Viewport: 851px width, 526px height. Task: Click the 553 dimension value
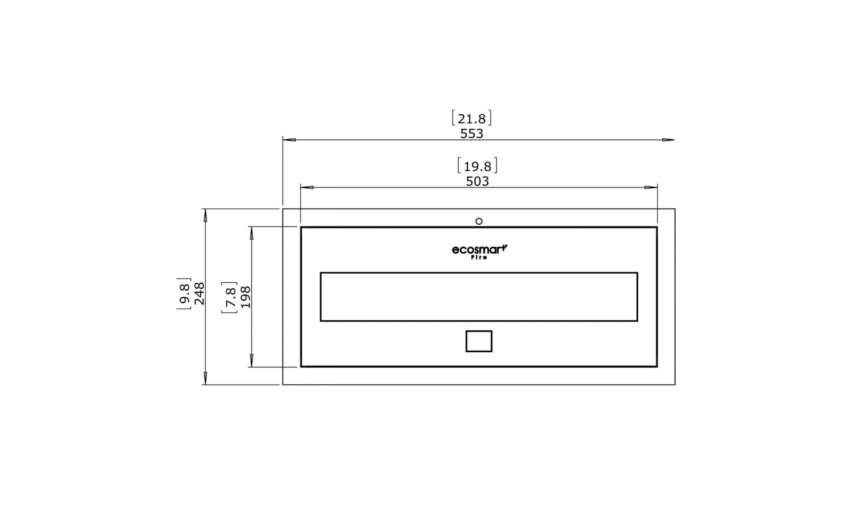472,133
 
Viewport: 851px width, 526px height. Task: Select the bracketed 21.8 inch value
472,119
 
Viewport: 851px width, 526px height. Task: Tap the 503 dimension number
477,181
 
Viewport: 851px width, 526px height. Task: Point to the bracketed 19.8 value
477,166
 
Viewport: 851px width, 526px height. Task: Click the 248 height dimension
199,293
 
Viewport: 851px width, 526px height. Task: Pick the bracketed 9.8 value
184,293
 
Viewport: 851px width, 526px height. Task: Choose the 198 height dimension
245,297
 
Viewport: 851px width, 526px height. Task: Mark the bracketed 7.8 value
230,297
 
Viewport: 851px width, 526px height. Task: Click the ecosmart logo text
479,250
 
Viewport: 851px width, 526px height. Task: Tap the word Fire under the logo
479,257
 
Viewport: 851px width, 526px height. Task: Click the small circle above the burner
479,221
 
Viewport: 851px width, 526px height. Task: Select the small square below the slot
479,341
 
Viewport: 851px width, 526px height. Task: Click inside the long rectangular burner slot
479,297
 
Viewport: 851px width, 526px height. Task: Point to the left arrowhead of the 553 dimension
289,140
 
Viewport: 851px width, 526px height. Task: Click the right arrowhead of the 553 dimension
668,140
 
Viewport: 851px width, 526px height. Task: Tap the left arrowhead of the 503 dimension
307,187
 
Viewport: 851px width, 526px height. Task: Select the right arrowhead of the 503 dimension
651,187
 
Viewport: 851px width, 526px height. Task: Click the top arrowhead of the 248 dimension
205,215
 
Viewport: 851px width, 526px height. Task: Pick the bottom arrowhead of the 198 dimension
252,360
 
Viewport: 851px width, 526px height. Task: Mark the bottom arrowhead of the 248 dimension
205,378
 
